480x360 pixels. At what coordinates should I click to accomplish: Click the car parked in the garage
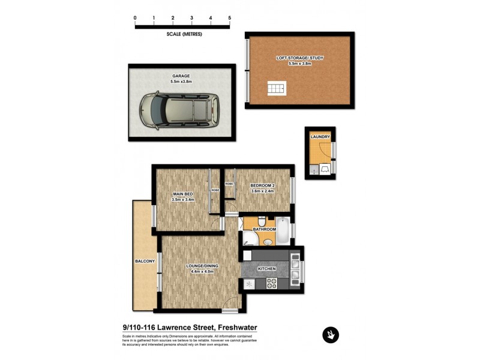(178, 110)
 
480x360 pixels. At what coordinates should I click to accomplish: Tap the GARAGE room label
(181, 76)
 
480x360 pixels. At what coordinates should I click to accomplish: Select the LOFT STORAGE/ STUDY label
(300, 58)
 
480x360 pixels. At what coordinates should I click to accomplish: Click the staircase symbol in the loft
(276, 89)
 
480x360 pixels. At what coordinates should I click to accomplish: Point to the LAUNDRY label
(320, 137)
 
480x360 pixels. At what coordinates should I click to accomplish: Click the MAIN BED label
(182, 194)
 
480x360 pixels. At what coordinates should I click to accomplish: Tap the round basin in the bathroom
(268, 241)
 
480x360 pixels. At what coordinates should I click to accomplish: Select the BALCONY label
(145, 261)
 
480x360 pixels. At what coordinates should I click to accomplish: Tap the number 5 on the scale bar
(230, 19)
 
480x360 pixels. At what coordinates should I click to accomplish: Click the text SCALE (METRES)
(184, 34)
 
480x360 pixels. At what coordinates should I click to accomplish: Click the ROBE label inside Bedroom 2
(229, 184)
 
